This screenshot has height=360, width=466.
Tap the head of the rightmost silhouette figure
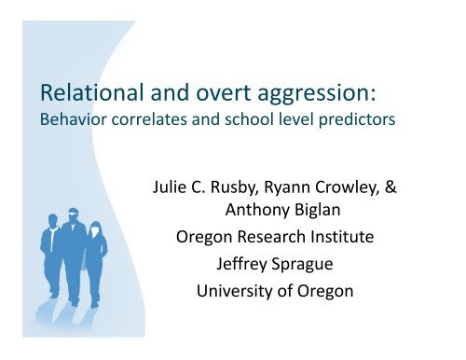95,228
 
